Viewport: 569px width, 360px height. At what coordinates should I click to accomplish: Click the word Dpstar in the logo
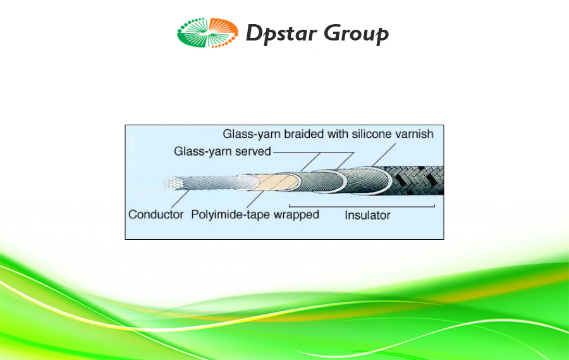281,34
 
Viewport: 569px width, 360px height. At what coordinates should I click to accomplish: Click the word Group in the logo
356,34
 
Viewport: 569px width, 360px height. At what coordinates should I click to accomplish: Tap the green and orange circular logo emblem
207,33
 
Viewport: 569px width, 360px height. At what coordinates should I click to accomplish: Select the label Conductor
156,214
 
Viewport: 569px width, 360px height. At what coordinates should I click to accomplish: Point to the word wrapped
296,214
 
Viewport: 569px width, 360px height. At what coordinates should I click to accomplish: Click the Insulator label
367,215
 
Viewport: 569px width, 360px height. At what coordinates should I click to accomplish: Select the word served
254,151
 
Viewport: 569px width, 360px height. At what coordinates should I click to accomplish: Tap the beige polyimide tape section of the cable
275,182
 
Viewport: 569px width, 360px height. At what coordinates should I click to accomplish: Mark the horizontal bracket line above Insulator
362,206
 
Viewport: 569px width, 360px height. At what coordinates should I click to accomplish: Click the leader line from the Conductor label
180,199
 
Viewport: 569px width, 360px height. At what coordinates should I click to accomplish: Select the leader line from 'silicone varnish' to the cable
384,155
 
